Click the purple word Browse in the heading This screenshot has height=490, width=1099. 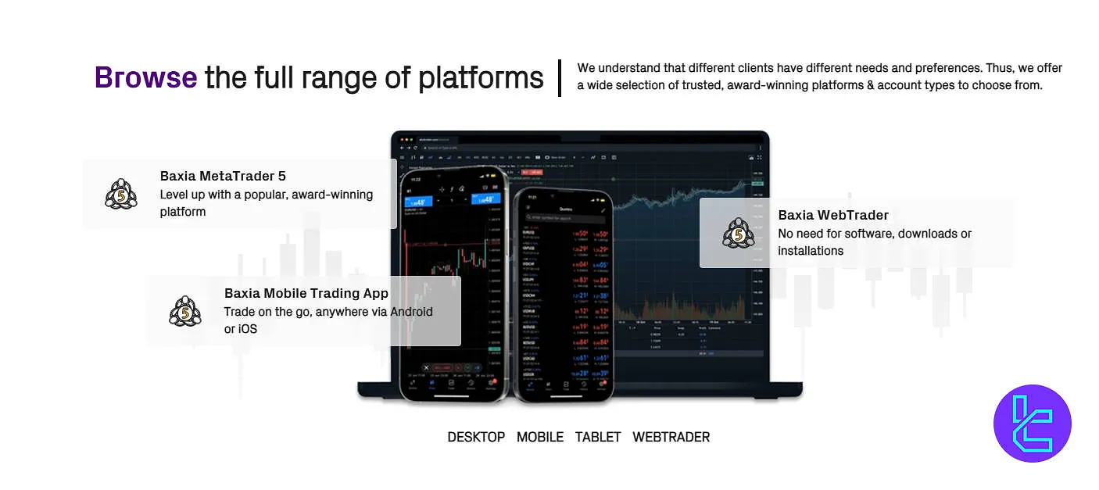tap(145, 78)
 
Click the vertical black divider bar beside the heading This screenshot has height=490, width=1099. tap(560, 78)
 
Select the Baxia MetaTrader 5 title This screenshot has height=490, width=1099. tap(223, 176)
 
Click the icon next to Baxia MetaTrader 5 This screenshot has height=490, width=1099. tap(121, 194)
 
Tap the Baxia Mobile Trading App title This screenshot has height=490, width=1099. tap(306, 294)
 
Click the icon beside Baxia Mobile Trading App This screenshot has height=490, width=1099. tap(185, 312)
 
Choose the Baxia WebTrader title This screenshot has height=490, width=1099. tap(833, 215)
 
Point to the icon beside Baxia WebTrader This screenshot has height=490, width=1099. tap(739, 233)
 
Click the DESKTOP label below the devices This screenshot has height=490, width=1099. tap(476, 437)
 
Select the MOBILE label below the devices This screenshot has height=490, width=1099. tap(540, 437)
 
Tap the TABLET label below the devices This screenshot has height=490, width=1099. tap(598, 437)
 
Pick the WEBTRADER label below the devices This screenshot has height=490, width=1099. tap(671, 437)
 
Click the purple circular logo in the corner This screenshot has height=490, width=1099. tap(1032, 424)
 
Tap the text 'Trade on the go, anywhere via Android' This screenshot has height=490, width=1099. tap(328, 312)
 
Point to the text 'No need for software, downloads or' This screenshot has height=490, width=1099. tap(875, 234)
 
